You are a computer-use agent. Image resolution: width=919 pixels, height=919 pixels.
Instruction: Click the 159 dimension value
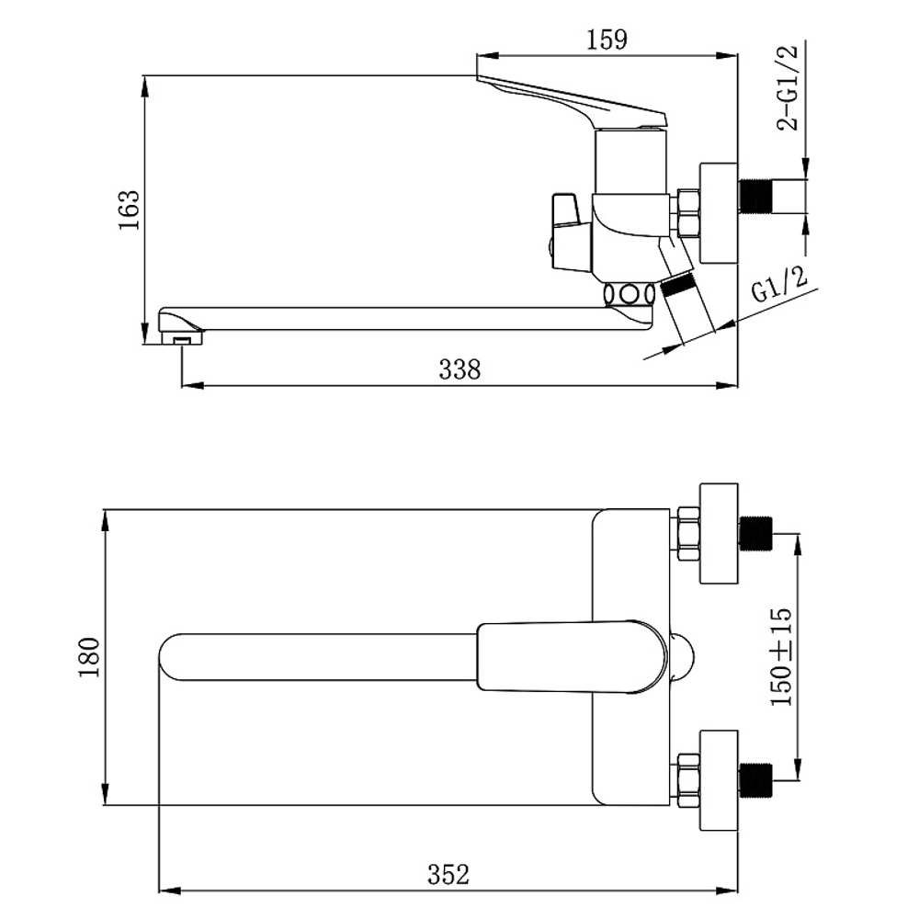click(607, 40)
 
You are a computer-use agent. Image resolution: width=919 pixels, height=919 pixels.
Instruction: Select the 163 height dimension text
click(130, 210)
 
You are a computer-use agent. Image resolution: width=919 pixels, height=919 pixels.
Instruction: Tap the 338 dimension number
click(459, 369)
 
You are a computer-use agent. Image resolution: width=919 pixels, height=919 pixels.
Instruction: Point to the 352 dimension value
click(448, 875)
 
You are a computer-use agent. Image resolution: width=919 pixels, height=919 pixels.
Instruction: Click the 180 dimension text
click(90, 657)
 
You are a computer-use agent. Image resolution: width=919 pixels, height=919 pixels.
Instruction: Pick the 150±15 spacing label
click(781, 657)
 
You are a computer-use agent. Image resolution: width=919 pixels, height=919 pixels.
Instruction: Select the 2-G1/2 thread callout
click(788, 86)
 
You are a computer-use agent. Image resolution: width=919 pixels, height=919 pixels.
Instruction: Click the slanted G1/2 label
click(779, 284)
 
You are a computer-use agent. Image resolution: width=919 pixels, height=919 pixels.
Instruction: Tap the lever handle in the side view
click(573, 101)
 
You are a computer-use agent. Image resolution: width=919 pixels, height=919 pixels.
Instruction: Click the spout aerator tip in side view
click(182, 337)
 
